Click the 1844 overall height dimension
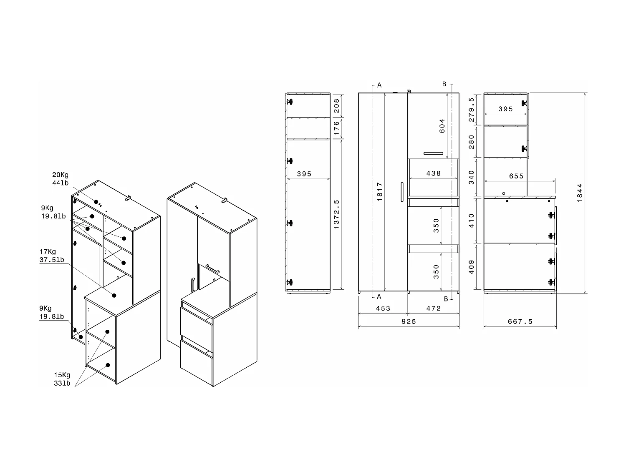click(x=580, y=193)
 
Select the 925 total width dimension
click(x=409, y=321)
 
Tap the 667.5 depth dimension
click(x=520, y=321)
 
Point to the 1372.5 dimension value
click(x=337, y=214)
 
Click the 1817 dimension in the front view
click(x=379, y=192)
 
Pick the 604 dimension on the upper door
click(x=442, y=126)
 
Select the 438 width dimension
click(x=434, y=173)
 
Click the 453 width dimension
click(x=383, y=308)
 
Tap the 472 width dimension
click(x=434, y=308)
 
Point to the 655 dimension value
click(x=516, y=176)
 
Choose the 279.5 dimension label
click(x=472, y=109)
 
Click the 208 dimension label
click(x=337, y=106)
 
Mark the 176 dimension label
click(x=337, y=129)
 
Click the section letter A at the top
click(x=379, y=85)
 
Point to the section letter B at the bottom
click(x=446, y=299)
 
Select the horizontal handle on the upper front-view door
click(x=433, y=153)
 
